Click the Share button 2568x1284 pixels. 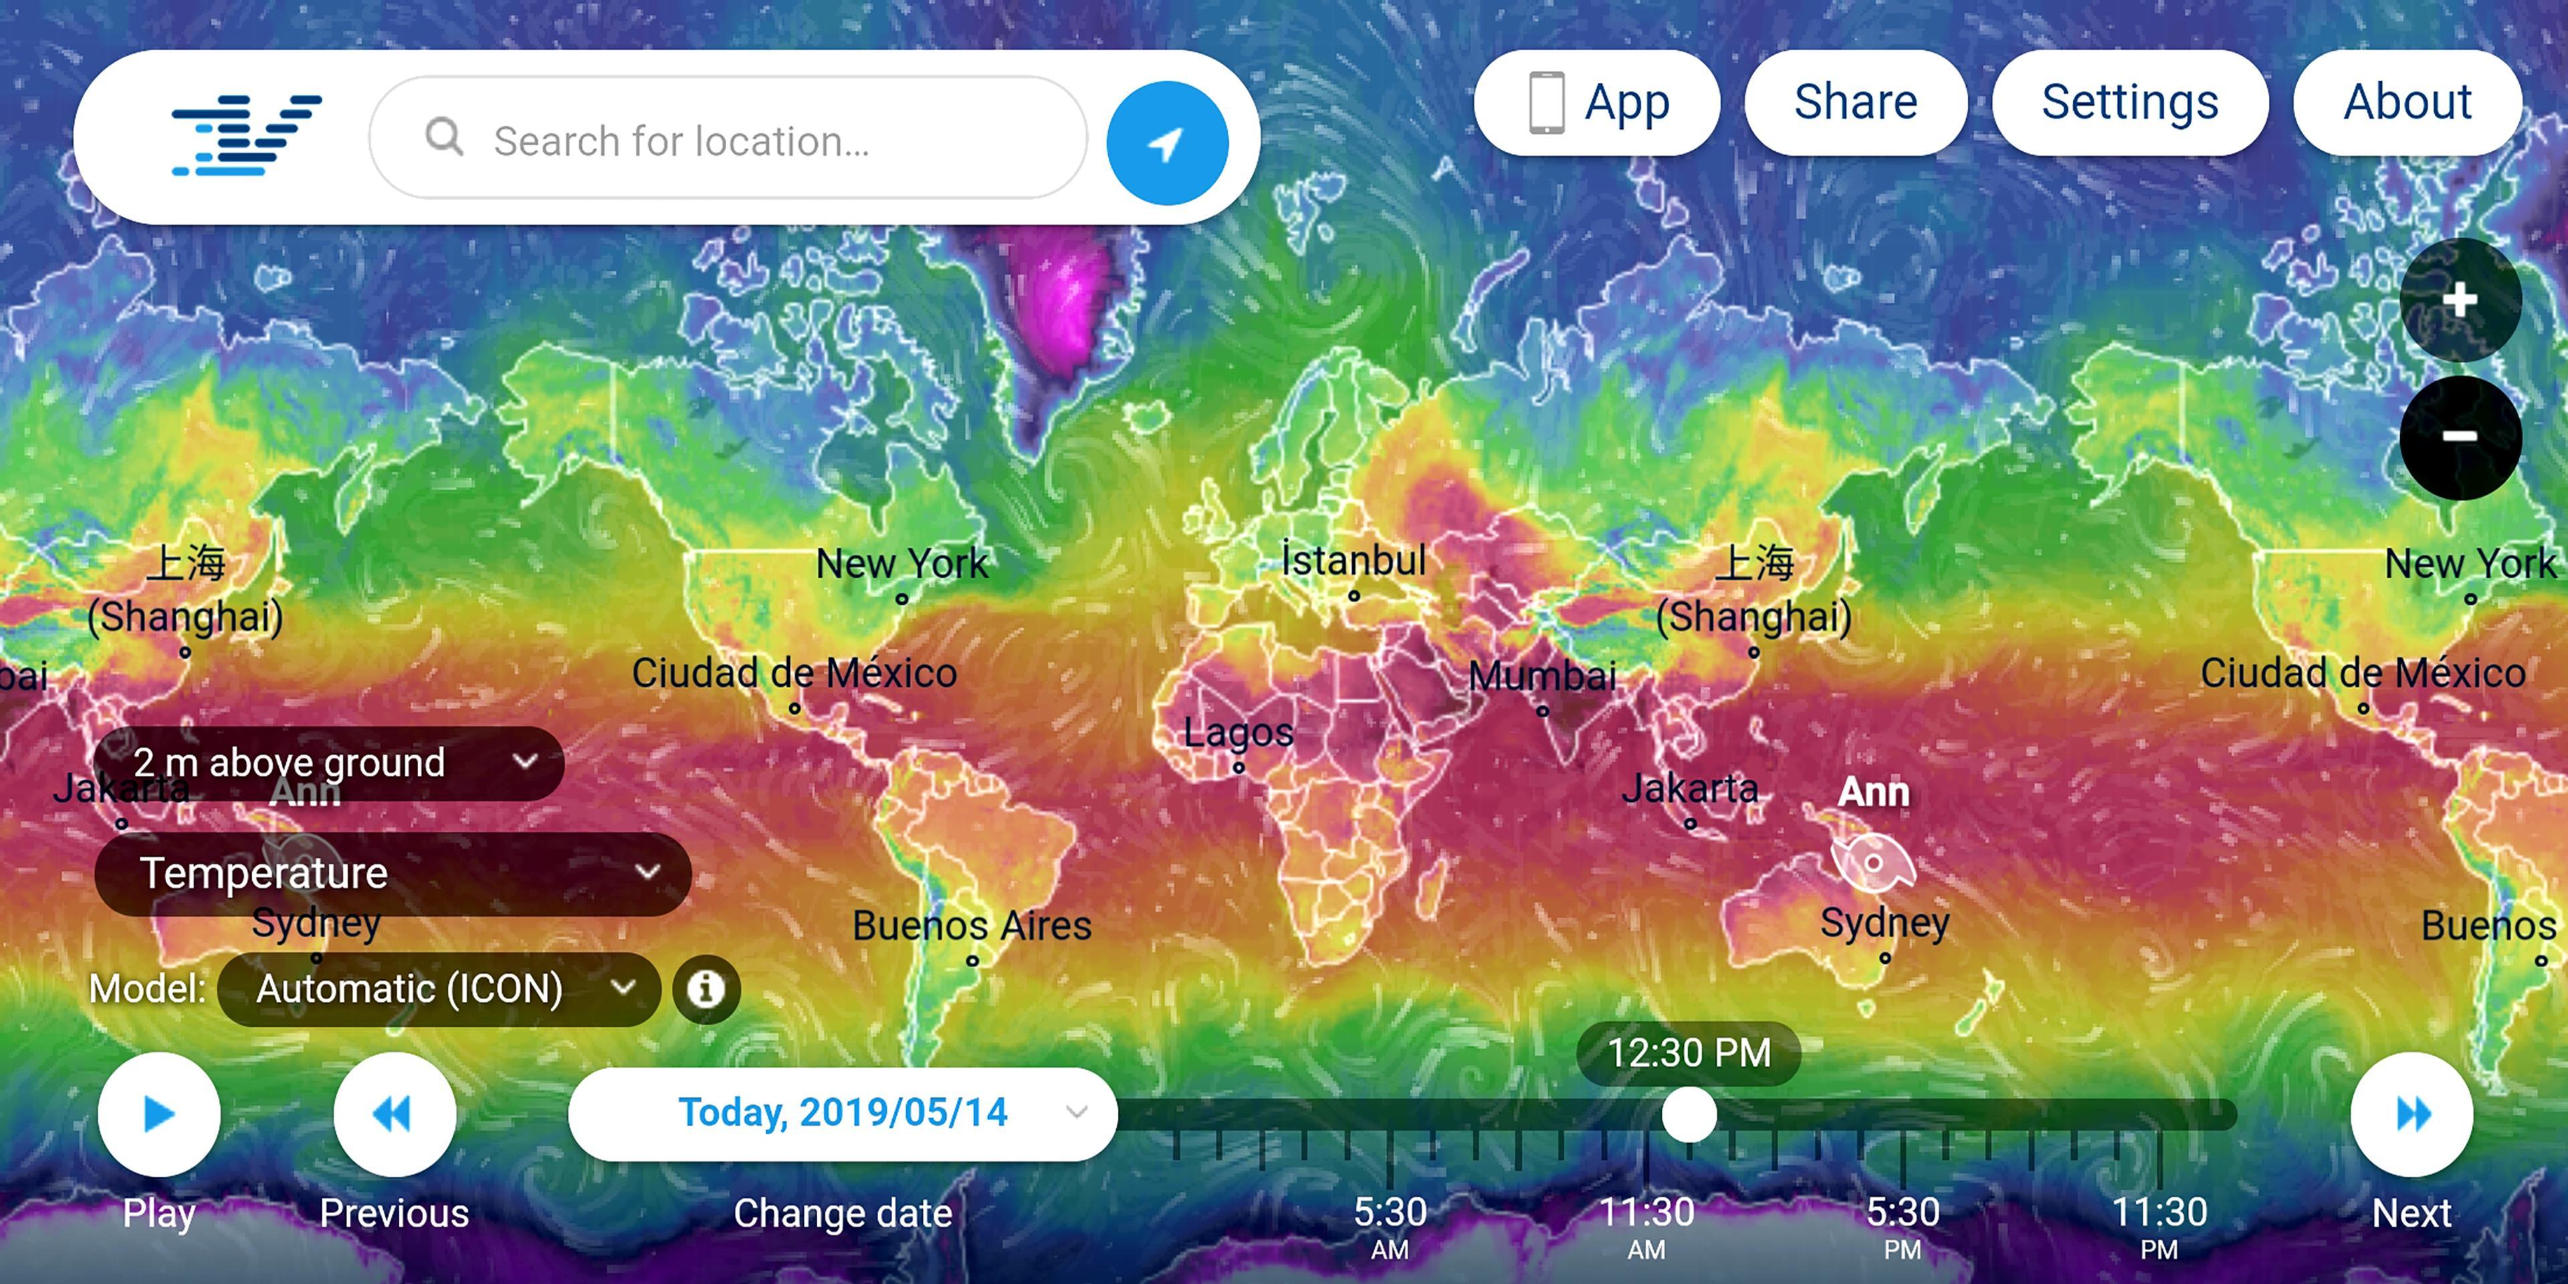(1855, 103)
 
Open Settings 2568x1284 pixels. (2129, 103)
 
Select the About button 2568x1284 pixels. (2407, 103)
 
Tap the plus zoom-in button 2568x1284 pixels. (2460, 299)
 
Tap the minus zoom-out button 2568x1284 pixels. (2460, 435)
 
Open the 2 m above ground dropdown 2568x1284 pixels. (329, 762)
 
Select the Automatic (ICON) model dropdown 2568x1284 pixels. (439, 989)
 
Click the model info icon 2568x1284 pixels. (706, 989)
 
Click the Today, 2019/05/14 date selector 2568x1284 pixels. (843, 1113)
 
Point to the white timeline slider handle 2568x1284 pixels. (1689, 1115)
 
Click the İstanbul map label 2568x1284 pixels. (1353, 560)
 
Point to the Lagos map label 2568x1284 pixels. (1237, 733)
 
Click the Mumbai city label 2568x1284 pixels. (1541, 677)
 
